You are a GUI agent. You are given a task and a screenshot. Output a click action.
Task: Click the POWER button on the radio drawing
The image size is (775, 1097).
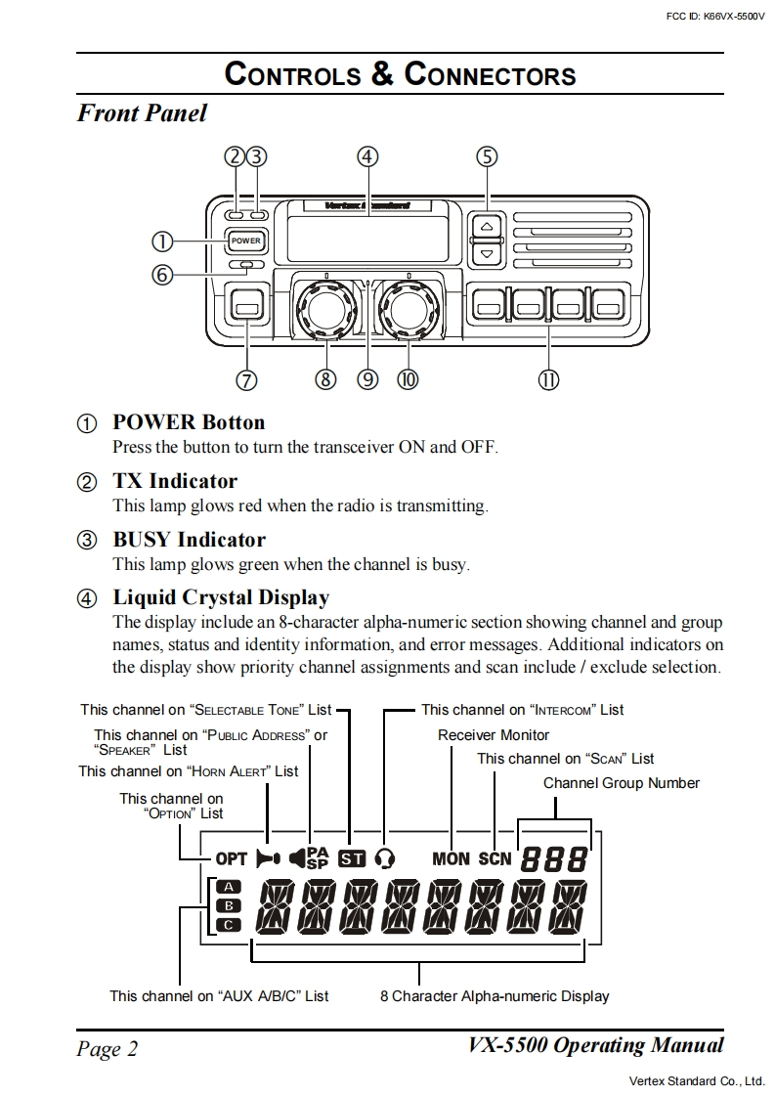click(246, 241)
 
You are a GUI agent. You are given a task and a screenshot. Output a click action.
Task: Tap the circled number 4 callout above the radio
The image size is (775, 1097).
click(367, 157)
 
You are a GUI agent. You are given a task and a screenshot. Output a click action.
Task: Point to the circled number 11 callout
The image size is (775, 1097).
click(548, 379)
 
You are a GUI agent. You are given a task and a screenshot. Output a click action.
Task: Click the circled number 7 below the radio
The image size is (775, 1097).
click(246, 379)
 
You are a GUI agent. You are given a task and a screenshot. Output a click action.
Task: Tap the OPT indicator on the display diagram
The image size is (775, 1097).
click(232, 859)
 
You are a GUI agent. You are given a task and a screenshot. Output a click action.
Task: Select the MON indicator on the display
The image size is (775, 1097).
click(451, 859)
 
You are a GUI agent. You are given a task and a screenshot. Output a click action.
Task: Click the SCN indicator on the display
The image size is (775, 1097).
click(495, 859)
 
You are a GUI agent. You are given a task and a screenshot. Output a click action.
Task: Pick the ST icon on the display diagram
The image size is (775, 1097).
click(351, 859)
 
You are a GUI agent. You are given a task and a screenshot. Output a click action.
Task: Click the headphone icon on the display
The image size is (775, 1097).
click(385, 859)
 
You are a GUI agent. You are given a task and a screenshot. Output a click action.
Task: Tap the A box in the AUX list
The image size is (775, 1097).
click(228, 887)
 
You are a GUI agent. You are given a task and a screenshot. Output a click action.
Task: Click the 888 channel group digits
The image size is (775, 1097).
click(554, 859)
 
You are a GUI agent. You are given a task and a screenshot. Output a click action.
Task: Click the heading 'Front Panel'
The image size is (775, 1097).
click(142, 113)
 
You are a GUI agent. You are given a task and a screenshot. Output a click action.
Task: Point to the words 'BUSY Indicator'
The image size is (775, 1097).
click(189, 540)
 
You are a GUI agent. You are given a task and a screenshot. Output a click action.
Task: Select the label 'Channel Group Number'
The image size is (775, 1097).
click(622, 783)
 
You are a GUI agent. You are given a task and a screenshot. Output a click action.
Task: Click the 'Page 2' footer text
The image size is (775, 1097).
click(108, 1049)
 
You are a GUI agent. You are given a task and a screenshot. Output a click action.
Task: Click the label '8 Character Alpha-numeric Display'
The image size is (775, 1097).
click(495, 996)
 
